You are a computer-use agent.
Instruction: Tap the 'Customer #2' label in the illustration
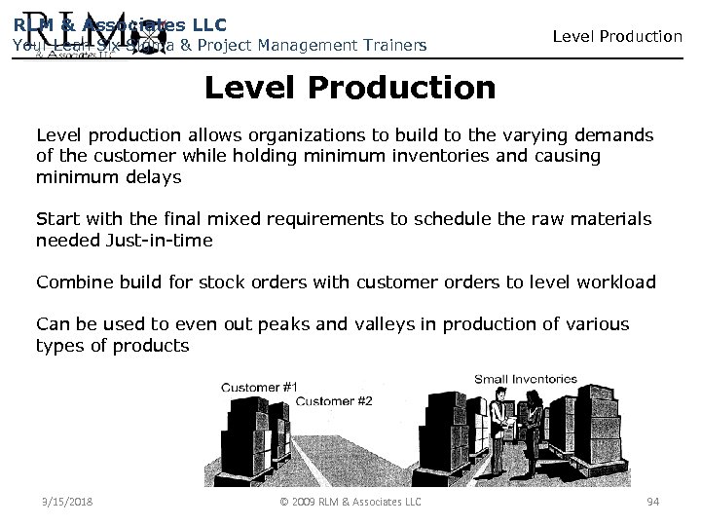point(333,401)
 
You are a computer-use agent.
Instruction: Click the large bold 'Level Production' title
point(350,89)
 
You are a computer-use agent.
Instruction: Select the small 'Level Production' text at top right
point(617,36)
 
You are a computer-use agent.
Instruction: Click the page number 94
point(652,501)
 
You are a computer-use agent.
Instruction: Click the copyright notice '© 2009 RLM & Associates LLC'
point(350,501)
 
